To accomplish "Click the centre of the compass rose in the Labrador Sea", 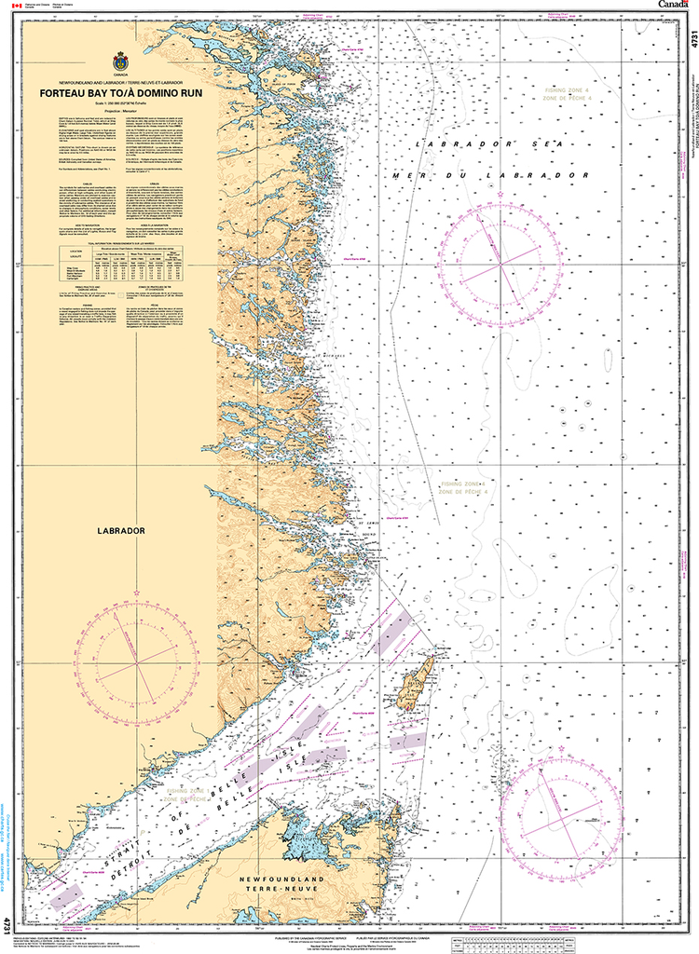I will click(x=500, y=265).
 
